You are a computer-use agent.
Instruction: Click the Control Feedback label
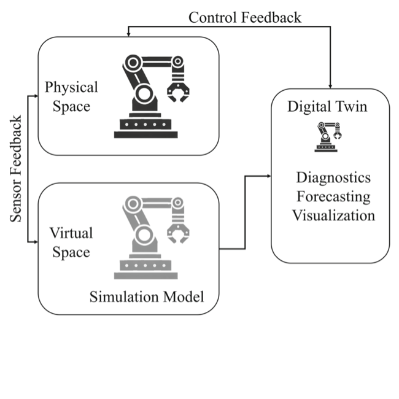(x=244, y=17)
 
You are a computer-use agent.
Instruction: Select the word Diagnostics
(x=333, y=178)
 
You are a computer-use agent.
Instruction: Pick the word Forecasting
(x=333, y=196)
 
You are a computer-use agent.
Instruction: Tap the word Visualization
(x=333, y=215)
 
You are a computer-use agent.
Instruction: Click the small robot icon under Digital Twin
(x=328, y=136)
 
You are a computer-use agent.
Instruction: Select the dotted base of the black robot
(x=145, y=125)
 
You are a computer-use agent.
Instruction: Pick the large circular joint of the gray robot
(x=144, y=236)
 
